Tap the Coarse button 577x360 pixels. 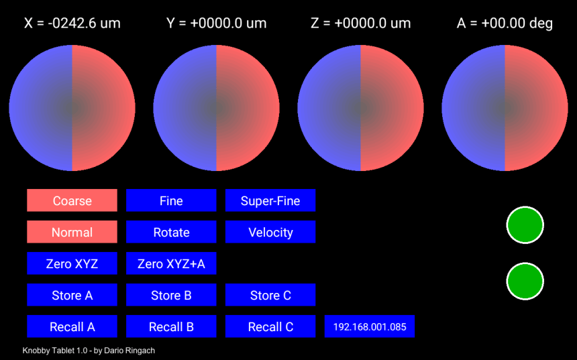[x=72, y=200]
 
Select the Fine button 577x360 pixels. [x=171, y=200]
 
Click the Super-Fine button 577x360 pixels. [x=270, y=200]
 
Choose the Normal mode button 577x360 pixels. [x=72, y=232]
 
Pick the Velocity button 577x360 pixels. [x=270, y=232]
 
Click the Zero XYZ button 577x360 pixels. [x=72, y=263]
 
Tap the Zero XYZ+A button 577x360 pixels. [x=171, y=263]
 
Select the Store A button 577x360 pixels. [x=72, y=295]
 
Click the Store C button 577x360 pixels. [x=270, y=295]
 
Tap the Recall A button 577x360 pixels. [x=72, y=326]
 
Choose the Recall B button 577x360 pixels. [x=171, y=326]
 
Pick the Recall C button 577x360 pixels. [x=270, y=326]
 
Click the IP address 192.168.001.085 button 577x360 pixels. [x=370, y=326]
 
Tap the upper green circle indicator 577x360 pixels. [x=525, y=225]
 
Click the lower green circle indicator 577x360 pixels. [x=525, y=282]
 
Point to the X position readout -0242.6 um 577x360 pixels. [x=72, y=23]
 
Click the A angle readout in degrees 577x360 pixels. [x=505, y=23]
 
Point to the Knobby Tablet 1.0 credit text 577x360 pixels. [x=89, y=351]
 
